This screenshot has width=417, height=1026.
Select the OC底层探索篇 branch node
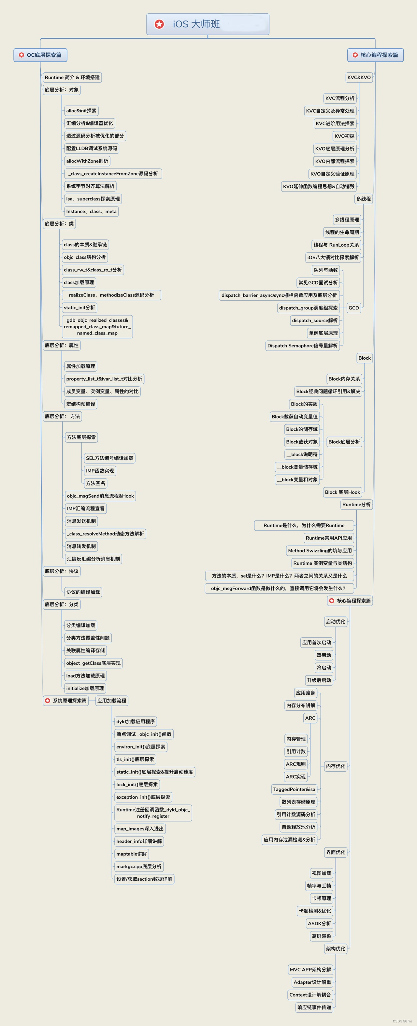(40, 55)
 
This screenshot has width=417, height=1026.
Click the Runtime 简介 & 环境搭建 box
(72, 77)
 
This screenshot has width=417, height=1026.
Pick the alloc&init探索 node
(81, 111)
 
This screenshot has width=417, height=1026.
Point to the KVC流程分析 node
(340, 98)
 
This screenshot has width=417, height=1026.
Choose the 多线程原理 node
(347, 220)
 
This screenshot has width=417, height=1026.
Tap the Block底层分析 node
(344, 442)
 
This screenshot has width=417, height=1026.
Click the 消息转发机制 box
(81, 547)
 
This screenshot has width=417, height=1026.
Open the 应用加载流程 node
(111, 701)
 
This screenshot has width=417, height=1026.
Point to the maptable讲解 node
(131, 854)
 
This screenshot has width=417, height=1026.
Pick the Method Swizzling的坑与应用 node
(320, 551)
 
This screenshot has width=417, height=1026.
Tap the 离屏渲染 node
(322, 936)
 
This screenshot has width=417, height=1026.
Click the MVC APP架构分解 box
(310, 969)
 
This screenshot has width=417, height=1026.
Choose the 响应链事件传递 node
(314, 1007)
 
